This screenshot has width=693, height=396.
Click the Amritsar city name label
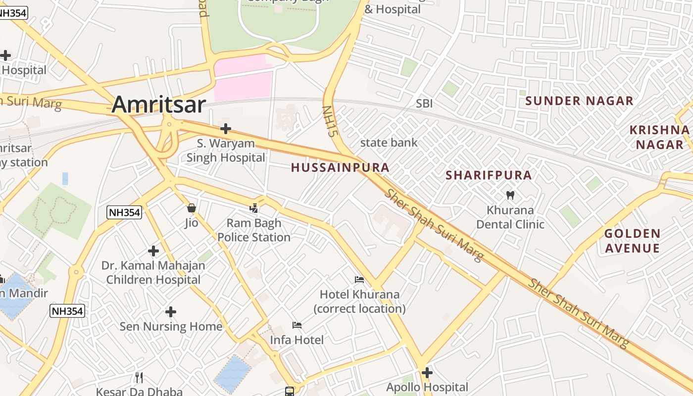tap(158, 104)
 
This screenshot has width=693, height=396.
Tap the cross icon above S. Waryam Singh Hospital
tap(226, 129)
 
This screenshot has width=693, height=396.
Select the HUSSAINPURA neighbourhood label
tap(340, 168)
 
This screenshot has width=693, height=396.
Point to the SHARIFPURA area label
tap(489, 175)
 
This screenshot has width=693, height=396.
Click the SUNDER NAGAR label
tap(579, 101)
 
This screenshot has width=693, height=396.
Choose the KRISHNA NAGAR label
tap(659, 137)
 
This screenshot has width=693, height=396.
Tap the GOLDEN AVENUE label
tap(632, 241)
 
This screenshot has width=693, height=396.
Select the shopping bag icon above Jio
tap(192, 208)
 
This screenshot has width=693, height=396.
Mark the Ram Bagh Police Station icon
tap(254, 208)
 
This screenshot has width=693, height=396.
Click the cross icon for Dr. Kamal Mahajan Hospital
tap(153, 251)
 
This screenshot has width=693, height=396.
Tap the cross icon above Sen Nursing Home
tap(171, 312)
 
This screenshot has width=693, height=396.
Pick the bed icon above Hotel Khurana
tap(359, 280)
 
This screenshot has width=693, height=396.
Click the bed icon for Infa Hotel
tap(297, 325)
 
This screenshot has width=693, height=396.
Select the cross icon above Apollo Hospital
tap(427, 372)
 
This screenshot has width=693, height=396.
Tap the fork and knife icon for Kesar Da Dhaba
tap(139, 378)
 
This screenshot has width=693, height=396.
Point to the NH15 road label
tap(329, 121)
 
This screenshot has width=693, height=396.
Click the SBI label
tap(424, 103)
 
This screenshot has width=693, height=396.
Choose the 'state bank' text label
tap(389, 143)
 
